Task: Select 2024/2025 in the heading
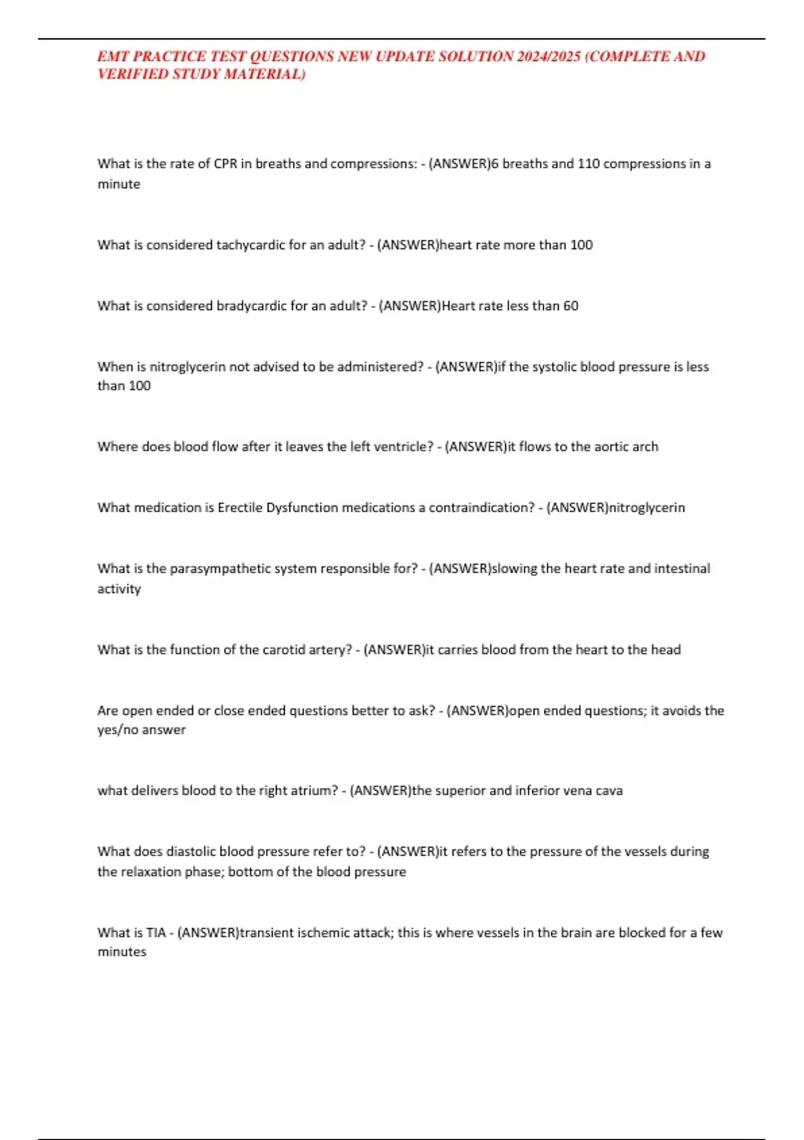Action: pos(549,56)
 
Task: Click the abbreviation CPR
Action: pos(226,164)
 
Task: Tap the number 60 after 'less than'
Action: pos(570,306)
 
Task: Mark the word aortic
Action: pos(612,447)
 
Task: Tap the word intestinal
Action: pos(682,569)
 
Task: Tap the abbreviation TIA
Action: pos(155,933)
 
